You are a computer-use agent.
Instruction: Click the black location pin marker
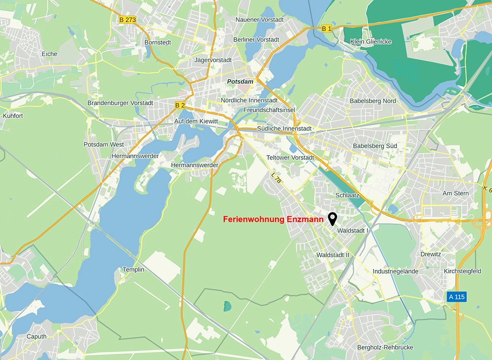[x=333, y=218]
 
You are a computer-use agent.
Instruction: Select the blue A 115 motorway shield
[x=456, y=297]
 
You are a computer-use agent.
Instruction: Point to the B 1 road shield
[x=327, y=29]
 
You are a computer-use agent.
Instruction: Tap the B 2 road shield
[x=180, y=105]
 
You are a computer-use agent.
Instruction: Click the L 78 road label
[x=277, y=177]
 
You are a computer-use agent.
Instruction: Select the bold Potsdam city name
[x=240, y=81]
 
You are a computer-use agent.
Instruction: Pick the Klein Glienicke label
[x=371, y=42]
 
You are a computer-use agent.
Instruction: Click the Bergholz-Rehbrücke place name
[x=385, y=348]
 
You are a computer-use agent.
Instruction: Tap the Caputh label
[x=37, y=336]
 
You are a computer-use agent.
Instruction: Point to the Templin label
[x=133, y=269]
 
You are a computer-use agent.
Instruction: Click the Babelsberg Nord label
[x=372, y=101]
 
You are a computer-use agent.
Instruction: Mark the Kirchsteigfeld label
[x=462, y=271]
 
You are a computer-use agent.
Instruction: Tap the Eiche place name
[x=49, y=54]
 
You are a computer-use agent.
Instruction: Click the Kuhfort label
[x=13, y=116]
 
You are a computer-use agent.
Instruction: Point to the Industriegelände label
[x=396, y=271]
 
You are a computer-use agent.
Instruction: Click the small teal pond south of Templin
[x=226, y=306]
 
